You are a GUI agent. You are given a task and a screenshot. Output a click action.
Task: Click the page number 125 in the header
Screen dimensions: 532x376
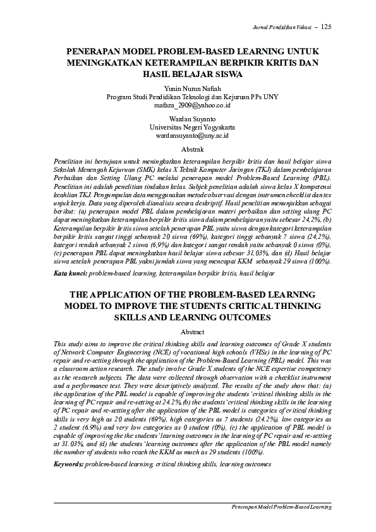(x=326, y=27)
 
